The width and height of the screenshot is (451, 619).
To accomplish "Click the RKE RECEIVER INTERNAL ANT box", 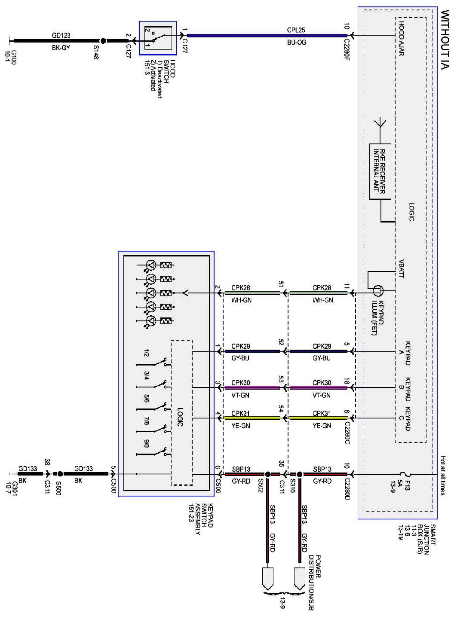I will point(380,171).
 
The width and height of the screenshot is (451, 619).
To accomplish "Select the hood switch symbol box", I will point(158,38).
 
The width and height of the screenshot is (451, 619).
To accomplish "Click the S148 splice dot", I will point(103,41).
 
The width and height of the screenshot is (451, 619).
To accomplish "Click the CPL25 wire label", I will point(296,30).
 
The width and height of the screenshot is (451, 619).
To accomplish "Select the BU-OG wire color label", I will point(296,43).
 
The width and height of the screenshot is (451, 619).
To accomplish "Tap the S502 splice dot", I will point(267,474).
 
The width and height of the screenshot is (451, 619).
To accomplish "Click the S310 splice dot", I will point(300,474).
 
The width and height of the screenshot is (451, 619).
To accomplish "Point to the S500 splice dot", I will point(60,474).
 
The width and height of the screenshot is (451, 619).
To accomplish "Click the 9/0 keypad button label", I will point(146,442).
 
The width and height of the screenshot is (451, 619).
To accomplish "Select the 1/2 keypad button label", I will point(146,353).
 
